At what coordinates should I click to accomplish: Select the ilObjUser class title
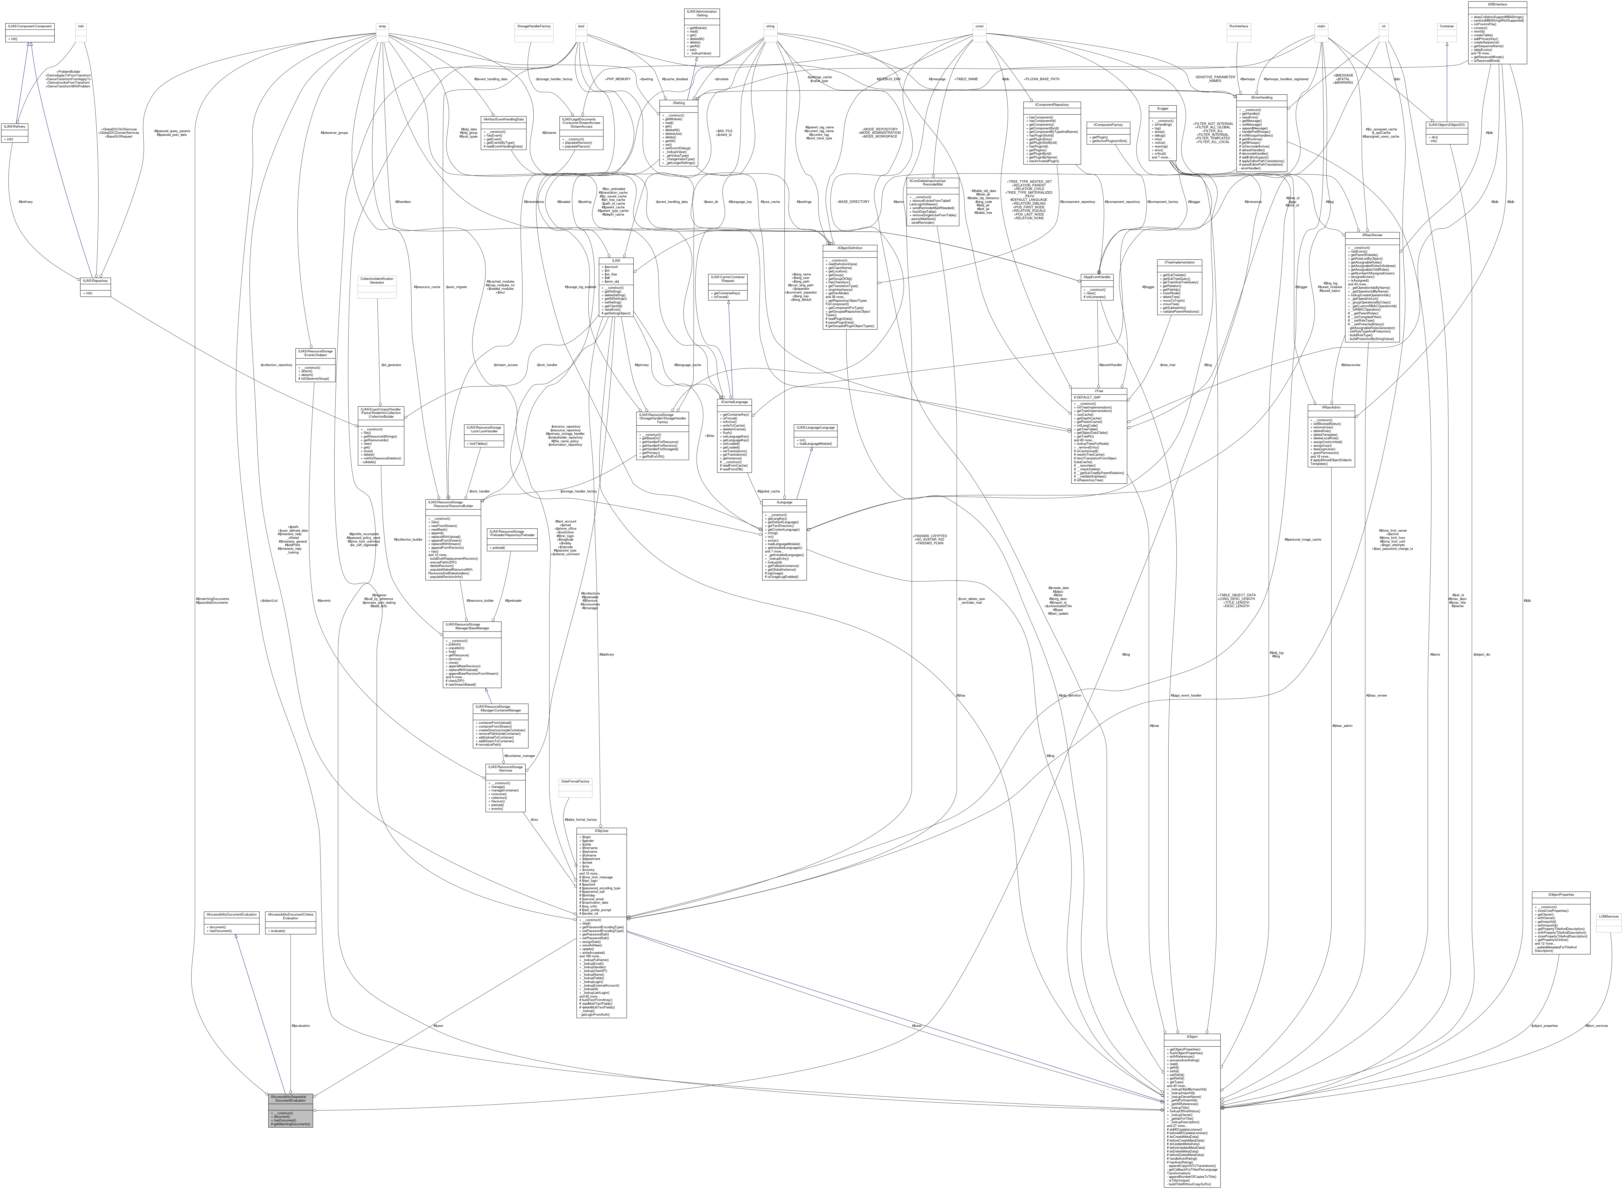point(601,831)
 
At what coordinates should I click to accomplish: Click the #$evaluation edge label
point(300,1026)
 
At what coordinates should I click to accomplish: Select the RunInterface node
point(1238,26)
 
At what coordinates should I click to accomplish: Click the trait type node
point(81,26)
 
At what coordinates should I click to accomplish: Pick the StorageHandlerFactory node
point(534,26)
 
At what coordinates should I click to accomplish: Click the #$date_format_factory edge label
point(580,819)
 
